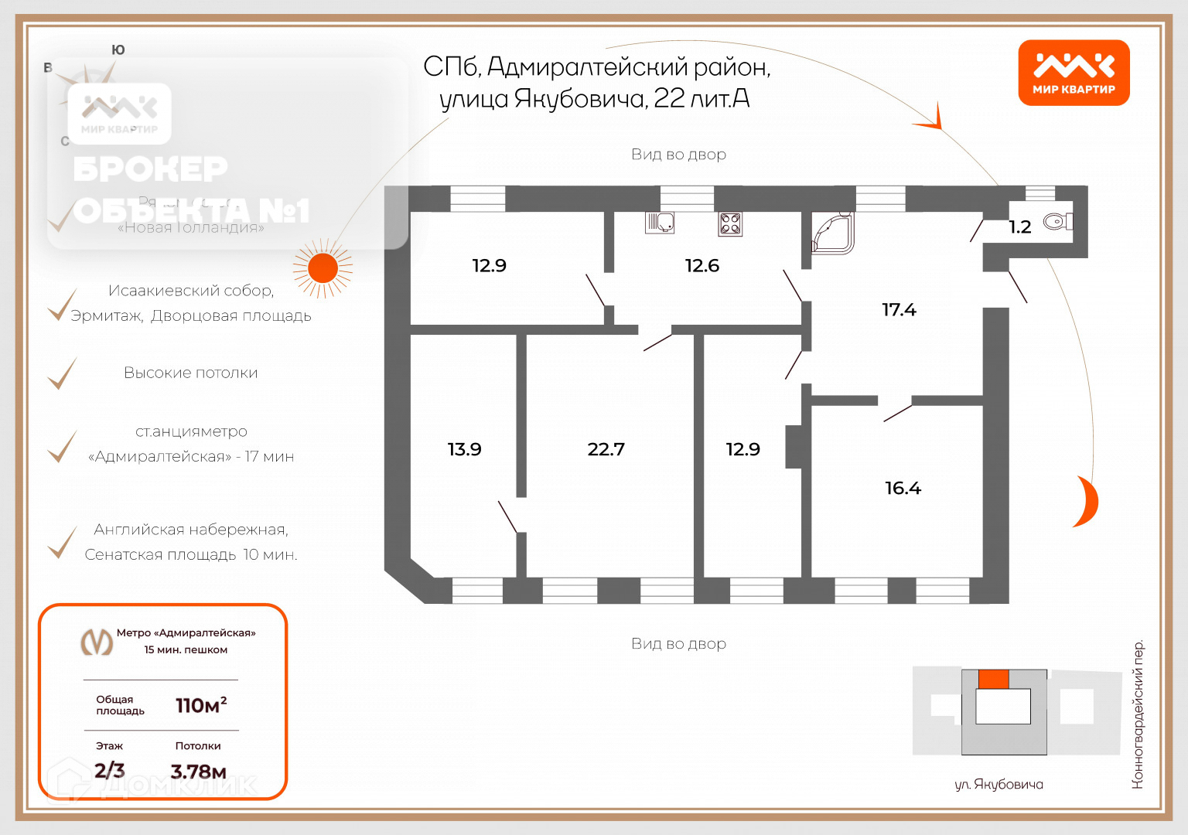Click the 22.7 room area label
606,449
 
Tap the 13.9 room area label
464,449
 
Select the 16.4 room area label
903,488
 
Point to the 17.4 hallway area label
899,310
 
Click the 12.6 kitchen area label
702,266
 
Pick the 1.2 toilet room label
1019,227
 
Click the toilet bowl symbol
1057,222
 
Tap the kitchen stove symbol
730,223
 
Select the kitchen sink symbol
660,223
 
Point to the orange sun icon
323,268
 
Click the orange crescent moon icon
1087,502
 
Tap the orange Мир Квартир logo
1074,73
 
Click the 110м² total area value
200,705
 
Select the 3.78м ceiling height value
198,772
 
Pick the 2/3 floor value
109,770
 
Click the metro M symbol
97,642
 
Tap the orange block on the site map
993,679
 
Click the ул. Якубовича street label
999,785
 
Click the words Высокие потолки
190,373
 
